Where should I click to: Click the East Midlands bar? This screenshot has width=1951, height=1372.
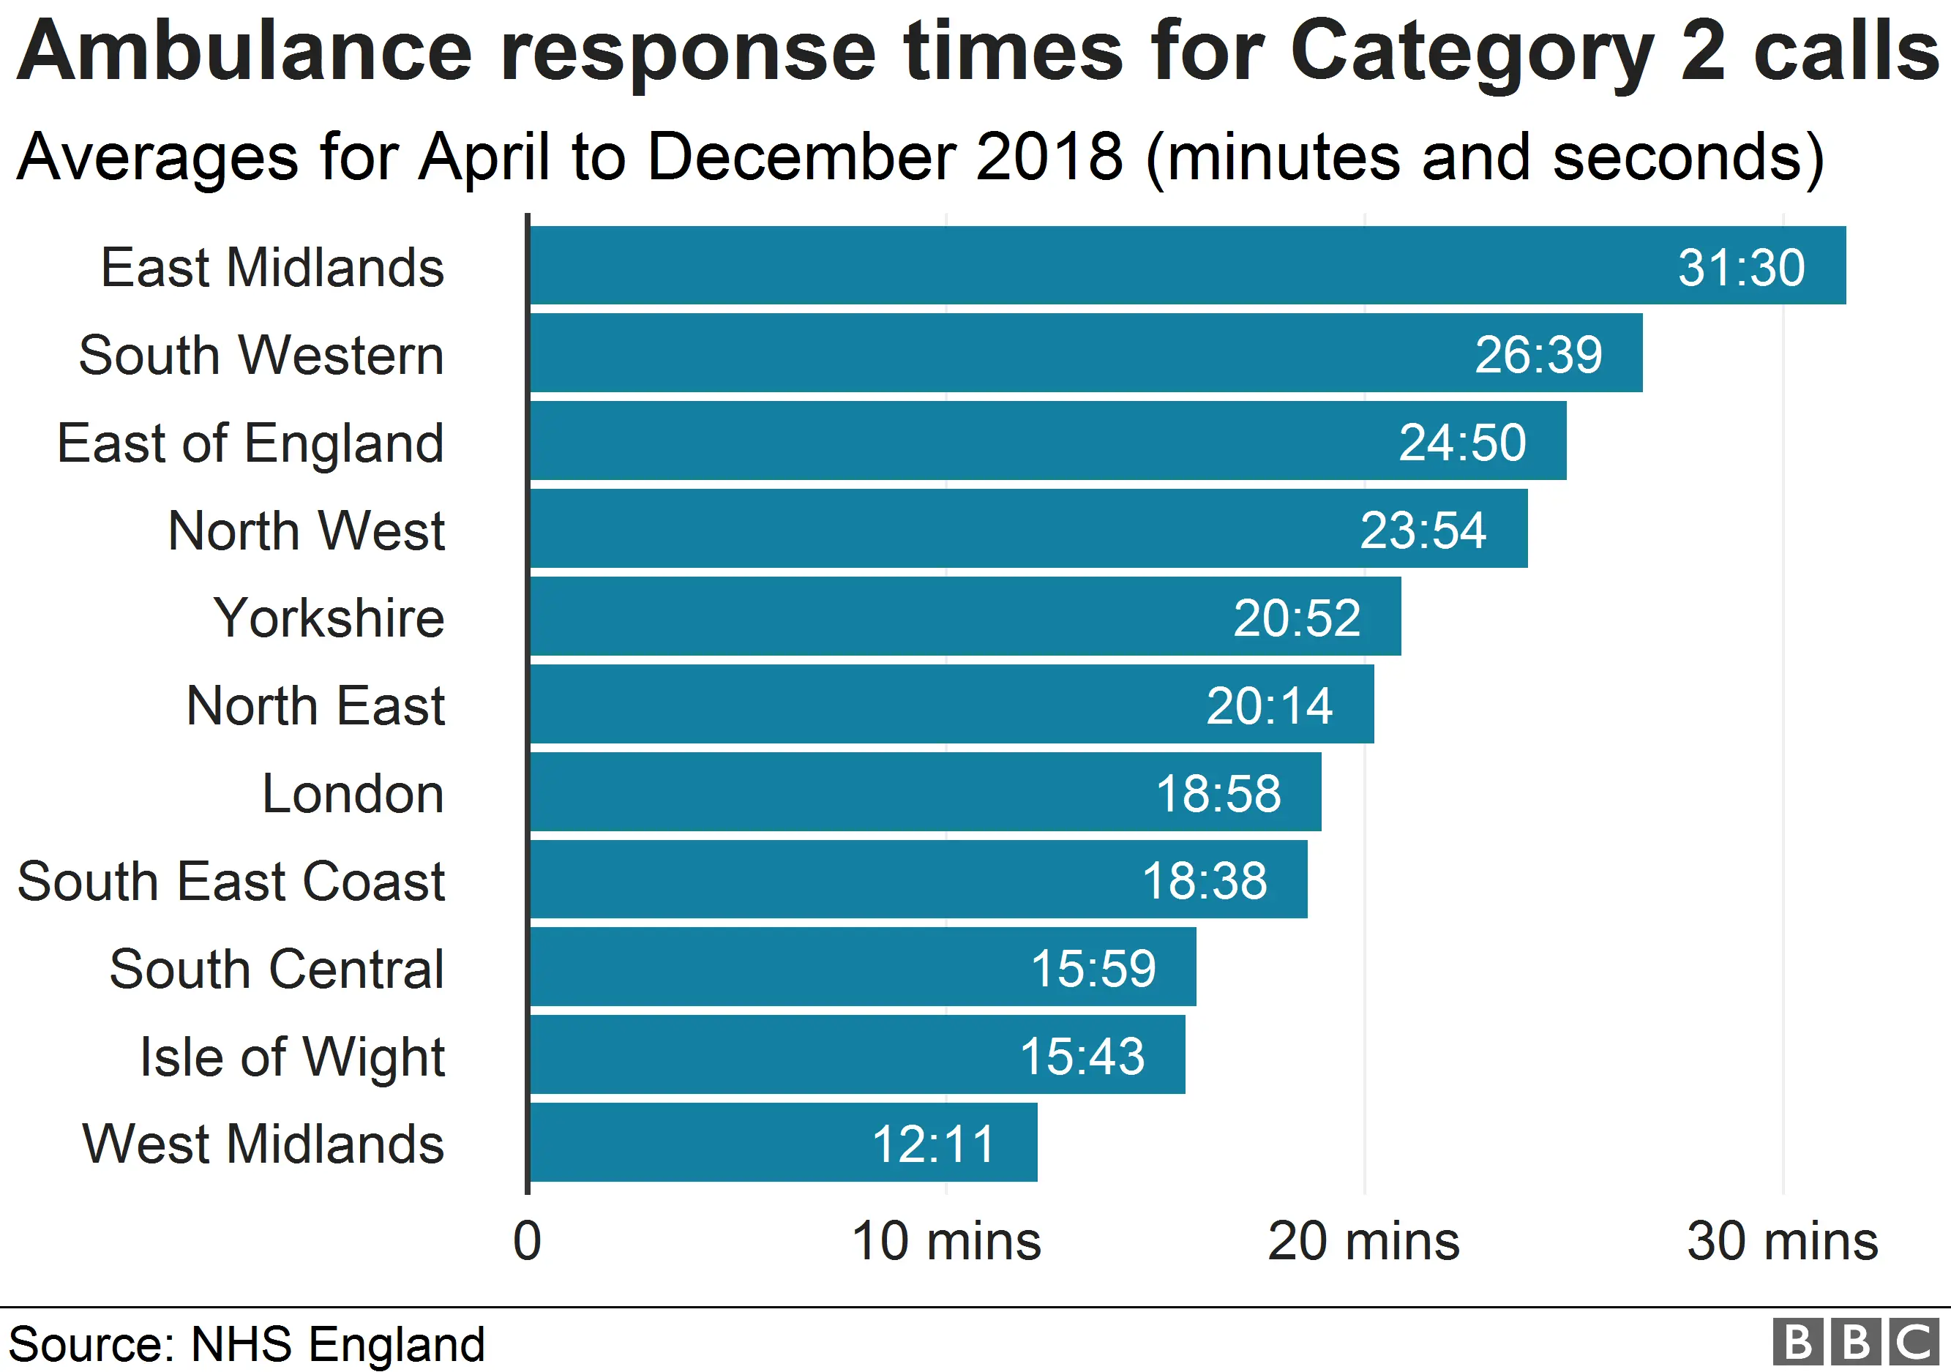click(1186, 265)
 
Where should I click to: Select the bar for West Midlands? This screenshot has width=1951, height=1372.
click(782, 1143)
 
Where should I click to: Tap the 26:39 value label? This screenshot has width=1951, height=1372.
click(1538, 354)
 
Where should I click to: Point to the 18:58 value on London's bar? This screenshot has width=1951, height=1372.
click(1218, 793)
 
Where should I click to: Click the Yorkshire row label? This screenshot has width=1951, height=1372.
click(329, 618)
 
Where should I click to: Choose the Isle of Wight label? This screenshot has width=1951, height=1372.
click(292, 1057)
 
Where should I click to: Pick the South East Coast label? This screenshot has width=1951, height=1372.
click(231, 881)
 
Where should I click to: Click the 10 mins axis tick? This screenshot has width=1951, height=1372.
click(945, 1241)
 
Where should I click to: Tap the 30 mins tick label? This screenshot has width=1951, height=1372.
click(1782, 1241)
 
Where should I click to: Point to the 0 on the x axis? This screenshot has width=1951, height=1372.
click(527, 1241)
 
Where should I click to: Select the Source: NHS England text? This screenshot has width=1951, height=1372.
click(247, 1344)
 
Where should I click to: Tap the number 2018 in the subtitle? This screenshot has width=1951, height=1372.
click(1050, 157)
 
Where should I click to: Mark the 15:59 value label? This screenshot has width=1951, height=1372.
click(1093, 969)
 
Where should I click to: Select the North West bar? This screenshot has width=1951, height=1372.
click(1028, 528)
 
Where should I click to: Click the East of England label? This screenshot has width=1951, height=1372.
click(251, 443)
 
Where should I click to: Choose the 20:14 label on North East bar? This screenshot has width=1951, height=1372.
click(1269, 706)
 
